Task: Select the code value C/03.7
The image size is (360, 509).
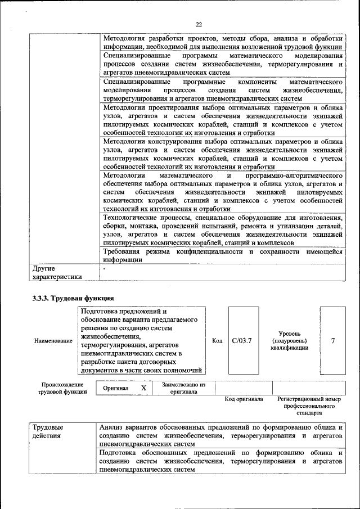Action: (242, 340)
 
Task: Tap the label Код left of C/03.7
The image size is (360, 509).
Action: (217, 341)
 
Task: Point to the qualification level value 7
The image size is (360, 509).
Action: (333, 340)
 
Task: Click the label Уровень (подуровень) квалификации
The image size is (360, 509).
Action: (289, 341)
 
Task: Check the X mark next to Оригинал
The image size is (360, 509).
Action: (143, 388)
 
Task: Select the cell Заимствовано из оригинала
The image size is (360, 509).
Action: (184, 388)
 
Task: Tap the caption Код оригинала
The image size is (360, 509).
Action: (244, 399)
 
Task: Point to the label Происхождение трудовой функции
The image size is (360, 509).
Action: (62, 388)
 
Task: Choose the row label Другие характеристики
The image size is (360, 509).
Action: (57, 272)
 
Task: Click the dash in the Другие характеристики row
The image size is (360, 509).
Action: (105, 269)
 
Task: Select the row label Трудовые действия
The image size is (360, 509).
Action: (48, 431)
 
